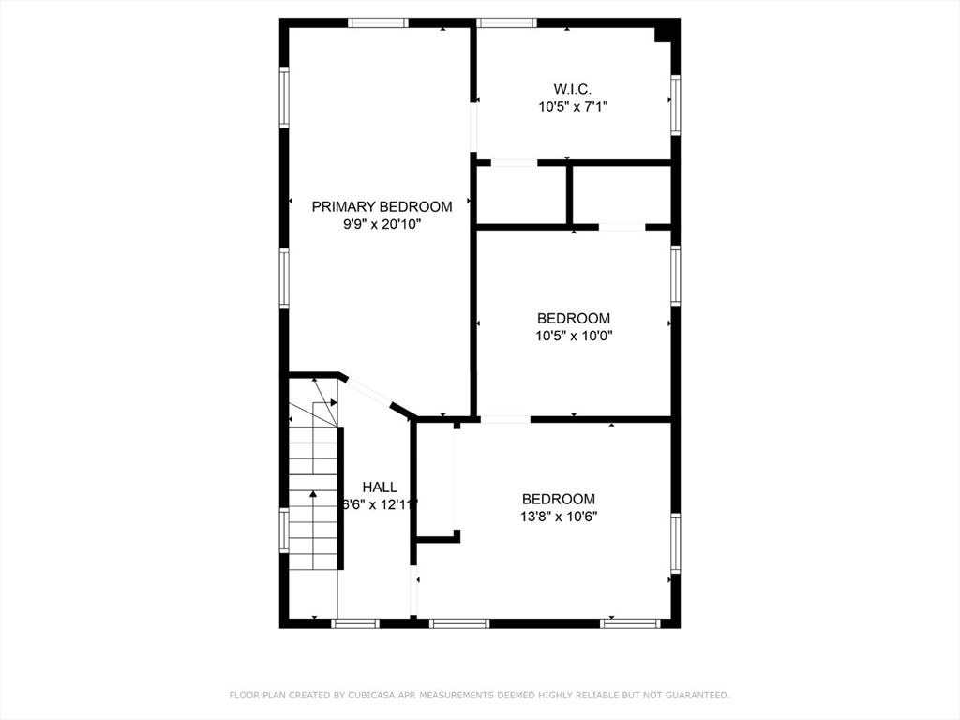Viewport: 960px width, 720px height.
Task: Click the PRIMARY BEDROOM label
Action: (382, 207)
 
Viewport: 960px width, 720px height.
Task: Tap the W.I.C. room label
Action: (573, 89)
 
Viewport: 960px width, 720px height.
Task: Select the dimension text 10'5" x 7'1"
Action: (573, 107)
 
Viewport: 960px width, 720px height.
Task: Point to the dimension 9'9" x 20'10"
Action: (382, 225)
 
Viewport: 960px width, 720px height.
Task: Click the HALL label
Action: (380, 487)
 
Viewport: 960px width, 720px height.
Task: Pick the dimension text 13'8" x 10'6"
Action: (559, 517)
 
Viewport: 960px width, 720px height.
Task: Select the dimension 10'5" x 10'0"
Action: (574, 337)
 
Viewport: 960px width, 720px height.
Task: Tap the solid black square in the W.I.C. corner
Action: (663, 35)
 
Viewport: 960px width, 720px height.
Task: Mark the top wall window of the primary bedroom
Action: (379, 22)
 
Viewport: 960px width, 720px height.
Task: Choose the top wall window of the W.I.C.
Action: (507, 22)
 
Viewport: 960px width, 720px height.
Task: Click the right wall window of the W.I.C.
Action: (676, 105)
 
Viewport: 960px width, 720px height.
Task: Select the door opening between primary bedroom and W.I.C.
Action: (473, 127)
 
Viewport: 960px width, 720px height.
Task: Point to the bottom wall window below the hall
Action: (355, 623)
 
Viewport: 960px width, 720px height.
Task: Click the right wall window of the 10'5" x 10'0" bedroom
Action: (676, 276)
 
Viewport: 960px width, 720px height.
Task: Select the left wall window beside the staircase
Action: (284, 531)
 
